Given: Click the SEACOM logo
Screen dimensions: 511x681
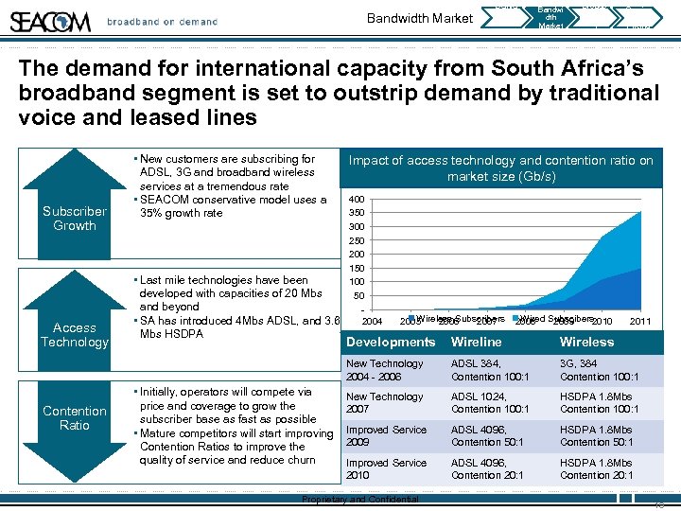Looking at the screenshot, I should (x=50, y=21).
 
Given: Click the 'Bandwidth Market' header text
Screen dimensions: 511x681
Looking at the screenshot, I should (x=420, y=19).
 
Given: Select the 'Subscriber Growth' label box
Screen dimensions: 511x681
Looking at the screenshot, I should (x=75, y=219).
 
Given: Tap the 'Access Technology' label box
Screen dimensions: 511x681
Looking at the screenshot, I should (x=75, y=334).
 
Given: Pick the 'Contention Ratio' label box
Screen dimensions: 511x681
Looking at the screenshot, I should (x=75, y=417).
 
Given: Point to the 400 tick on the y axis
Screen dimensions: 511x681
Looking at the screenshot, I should (x=357, y=200).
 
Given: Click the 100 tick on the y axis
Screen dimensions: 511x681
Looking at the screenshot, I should (x=357, y=282).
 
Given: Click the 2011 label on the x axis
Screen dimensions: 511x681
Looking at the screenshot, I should (x=640, y=322).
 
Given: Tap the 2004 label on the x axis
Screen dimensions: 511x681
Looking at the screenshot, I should (x=373, y=322).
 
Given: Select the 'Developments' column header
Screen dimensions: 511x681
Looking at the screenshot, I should (x=391, y=342).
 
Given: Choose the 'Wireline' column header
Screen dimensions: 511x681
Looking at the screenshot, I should (x=476, y=342).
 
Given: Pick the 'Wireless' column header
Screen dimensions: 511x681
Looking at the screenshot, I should (x=586, y=342).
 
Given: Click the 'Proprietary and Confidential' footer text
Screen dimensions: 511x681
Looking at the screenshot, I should (x=359, y=500).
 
